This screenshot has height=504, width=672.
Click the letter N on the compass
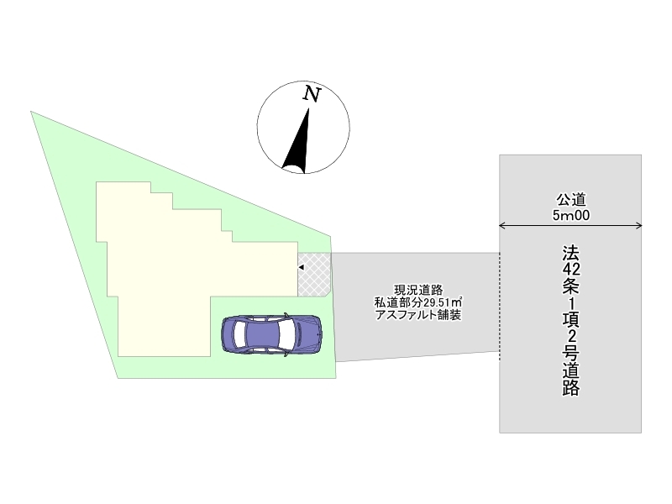click(312, 94)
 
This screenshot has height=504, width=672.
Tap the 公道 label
click(571, 200)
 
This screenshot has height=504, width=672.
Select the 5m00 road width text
click(571, 215)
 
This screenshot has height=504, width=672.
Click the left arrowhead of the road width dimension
click(502, 225)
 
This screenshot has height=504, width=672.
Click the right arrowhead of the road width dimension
click(638, 225)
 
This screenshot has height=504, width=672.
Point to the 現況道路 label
click(418, 290)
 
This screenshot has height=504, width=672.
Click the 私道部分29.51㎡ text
click(418, 302)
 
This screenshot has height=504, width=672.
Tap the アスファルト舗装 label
click(418, 315)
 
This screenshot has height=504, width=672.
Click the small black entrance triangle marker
click(301, 267)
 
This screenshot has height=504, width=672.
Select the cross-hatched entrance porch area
click(314, 275)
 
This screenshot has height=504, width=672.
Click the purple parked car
click(271, 334)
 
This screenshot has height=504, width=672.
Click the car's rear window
click(240, 334)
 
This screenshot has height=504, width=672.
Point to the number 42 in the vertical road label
click(571, 269)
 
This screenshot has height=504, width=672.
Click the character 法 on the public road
click(571, 253)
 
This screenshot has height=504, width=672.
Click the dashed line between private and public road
click(500, 307)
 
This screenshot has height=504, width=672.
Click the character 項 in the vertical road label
click(571, 320)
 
